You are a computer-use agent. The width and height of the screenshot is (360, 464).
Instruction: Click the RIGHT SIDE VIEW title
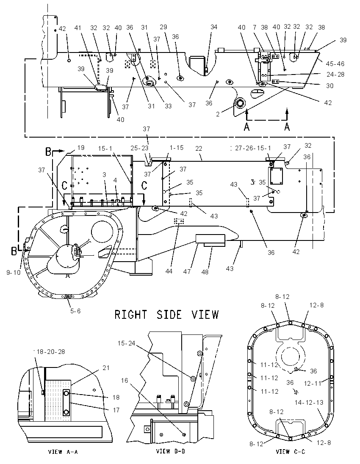point(167,314)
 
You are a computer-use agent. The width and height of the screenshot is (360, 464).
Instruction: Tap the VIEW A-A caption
point(63,452)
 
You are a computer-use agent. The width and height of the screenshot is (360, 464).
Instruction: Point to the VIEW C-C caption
point(291,452)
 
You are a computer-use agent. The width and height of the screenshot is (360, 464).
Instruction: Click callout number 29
point(163,27)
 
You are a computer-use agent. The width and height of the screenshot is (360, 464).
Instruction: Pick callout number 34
point(214,27)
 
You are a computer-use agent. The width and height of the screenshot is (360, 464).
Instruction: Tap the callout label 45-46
point(335,64)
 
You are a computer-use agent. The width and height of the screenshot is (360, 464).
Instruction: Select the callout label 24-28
point(335,74)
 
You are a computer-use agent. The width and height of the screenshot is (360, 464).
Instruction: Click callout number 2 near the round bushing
point(218,114)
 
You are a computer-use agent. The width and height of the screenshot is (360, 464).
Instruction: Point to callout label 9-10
point(14,272)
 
